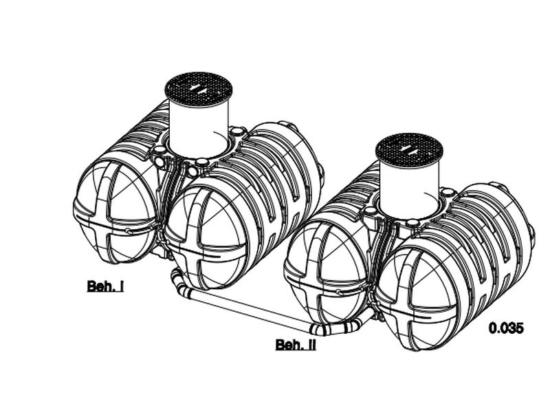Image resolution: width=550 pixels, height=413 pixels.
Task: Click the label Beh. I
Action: click(105, 286)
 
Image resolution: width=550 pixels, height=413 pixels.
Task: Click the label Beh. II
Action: click(296, 344)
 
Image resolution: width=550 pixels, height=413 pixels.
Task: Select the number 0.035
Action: click(506, 328)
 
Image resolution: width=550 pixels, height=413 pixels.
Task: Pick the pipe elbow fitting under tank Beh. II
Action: click(337, 327)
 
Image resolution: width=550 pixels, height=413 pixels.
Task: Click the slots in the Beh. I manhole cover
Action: click(199, 88)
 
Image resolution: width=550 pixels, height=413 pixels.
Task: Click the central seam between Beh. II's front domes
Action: click(373, 296)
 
